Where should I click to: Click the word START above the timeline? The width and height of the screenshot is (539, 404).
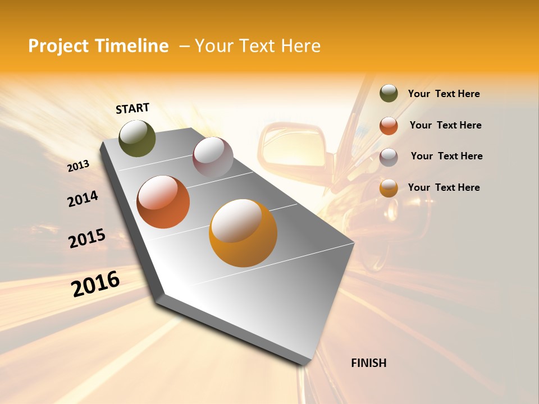133,108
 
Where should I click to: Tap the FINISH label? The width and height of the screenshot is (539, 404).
368,363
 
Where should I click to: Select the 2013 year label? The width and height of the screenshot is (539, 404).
79,166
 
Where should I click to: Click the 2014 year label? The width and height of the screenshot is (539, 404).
83,199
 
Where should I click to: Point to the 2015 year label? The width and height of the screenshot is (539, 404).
87,238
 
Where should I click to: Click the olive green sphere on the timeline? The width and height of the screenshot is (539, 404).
137,139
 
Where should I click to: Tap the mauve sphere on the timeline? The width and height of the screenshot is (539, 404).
213,157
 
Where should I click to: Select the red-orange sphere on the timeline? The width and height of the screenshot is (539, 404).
163,202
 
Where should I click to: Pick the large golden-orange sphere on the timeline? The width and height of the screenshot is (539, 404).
243,233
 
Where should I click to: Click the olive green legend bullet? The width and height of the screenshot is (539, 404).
389,94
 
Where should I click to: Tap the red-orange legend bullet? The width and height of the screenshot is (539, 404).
389,126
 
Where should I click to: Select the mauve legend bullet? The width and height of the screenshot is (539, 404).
389,157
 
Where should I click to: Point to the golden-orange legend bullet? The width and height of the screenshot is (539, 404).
389,188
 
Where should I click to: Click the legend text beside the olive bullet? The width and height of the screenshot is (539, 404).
444,94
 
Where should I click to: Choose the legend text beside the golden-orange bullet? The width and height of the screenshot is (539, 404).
444,187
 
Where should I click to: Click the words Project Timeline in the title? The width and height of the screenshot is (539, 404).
98,46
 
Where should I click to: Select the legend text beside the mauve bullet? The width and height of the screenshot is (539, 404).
446,156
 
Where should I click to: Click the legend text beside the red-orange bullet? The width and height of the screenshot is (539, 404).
445,125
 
